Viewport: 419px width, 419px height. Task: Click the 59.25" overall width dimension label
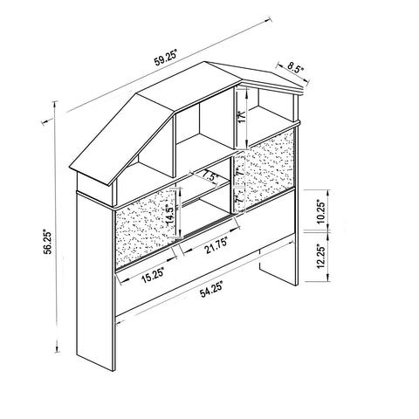tap(165, 58)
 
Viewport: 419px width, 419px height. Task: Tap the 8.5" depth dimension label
tap(296, 68)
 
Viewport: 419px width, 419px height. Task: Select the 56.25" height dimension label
tap(48, 243)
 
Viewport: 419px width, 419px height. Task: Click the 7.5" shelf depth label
tap(210, 176)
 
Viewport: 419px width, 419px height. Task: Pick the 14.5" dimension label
tap(172, 215)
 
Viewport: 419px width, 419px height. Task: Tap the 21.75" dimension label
tap(216, 246)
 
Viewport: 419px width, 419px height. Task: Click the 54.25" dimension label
tap(211, 289)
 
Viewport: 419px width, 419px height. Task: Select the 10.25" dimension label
tap(320, 211)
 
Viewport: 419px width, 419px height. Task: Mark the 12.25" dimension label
tap(320, 256)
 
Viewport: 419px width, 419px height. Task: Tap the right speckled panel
tap(264, 171)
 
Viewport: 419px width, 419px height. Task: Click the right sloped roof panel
tap(260, 75)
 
